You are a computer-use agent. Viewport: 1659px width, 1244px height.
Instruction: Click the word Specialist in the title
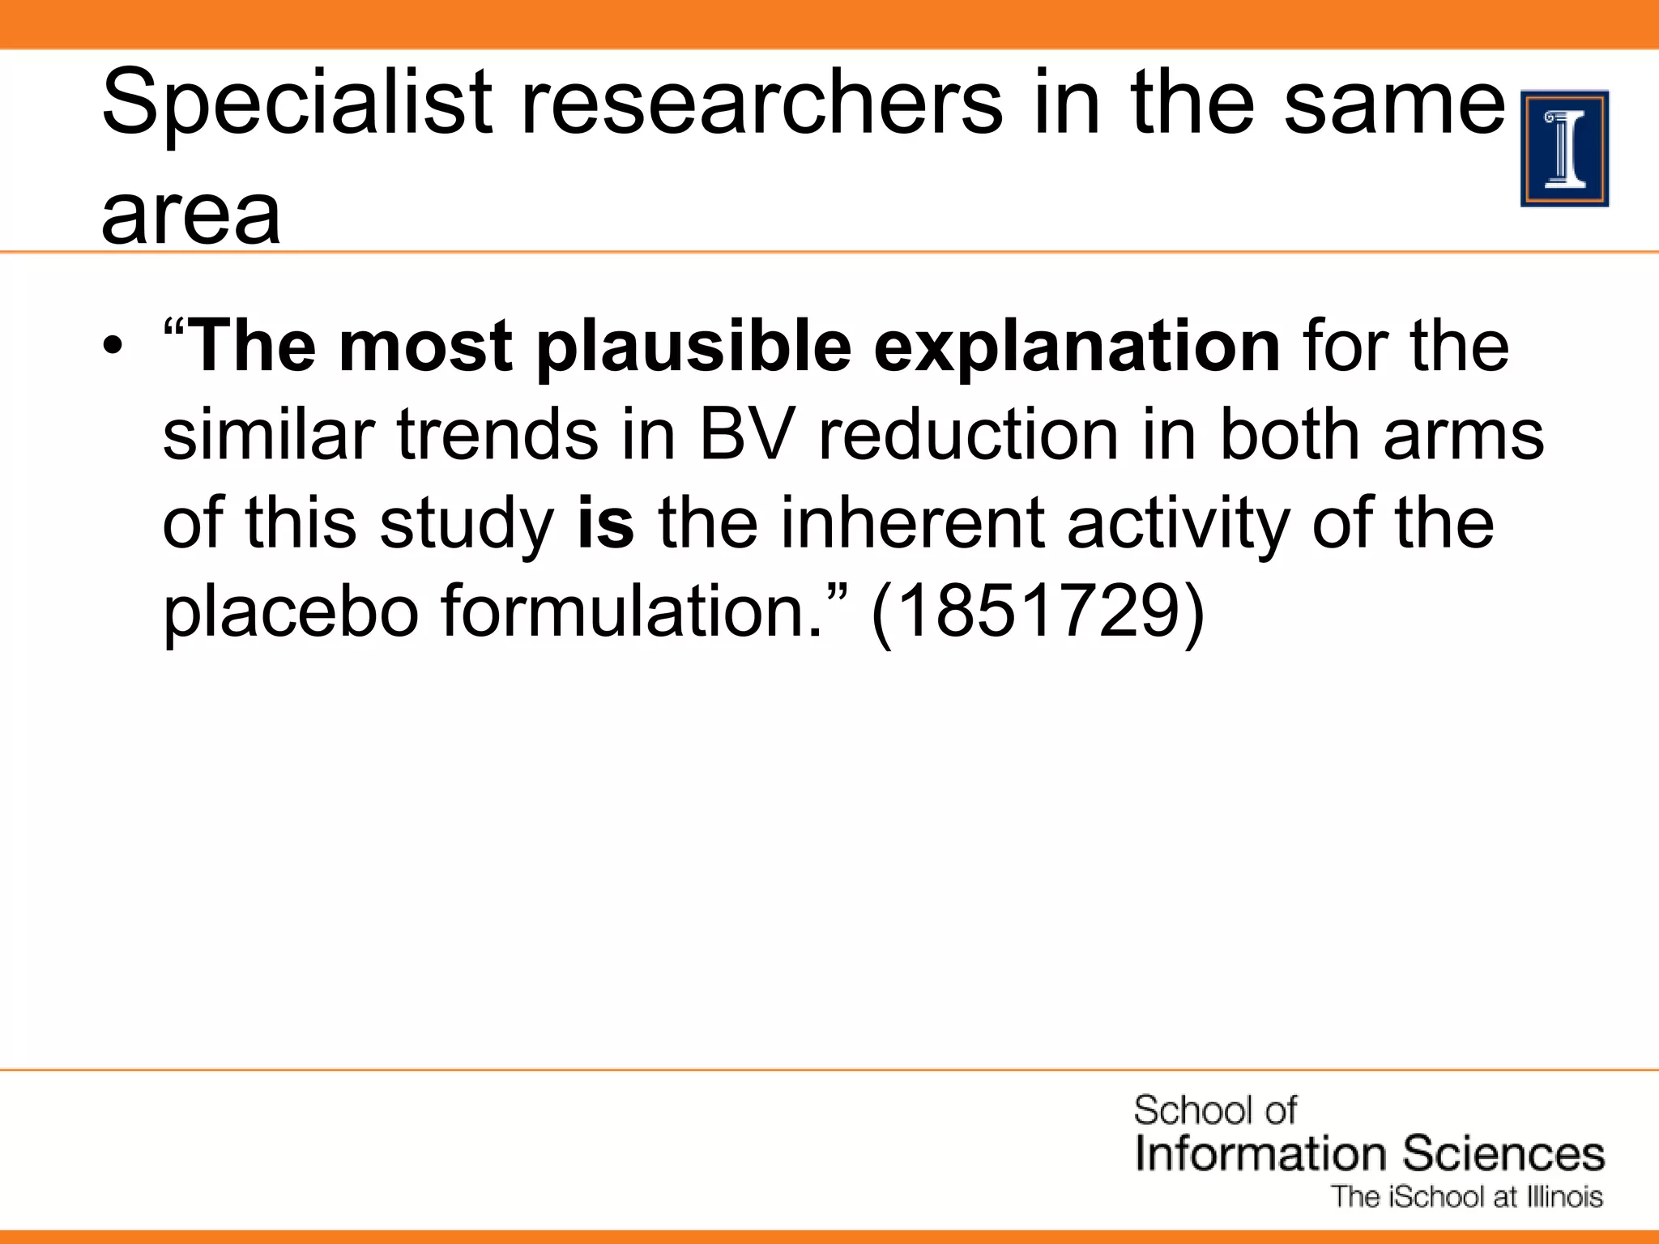pos(296,104)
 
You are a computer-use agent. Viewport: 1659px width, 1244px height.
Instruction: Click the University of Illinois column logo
pos(1564,149)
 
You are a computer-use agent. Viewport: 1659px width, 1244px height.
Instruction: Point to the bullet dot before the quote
pos(114,346)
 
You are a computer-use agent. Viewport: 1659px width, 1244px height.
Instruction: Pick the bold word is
pos(605,522)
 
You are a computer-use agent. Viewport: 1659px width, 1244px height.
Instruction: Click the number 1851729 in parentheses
pos(1038,611)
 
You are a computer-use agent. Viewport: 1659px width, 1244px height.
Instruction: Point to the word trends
pos(497,435)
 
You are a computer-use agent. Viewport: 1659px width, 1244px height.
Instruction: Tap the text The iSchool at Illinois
pos(1467,1197)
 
